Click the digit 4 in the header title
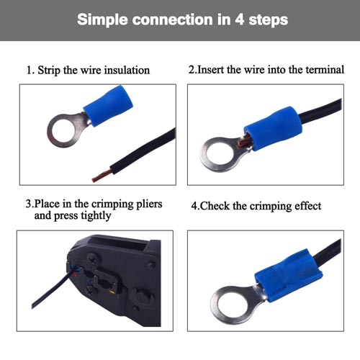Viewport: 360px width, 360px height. tap(240, 19)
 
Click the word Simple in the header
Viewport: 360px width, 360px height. tap(102, 20)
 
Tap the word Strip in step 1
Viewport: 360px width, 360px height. tap(49, 71)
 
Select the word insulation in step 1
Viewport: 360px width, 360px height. tap(127, 70)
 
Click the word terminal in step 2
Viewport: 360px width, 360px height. tap(325, 70)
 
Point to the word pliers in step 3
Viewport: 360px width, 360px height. tap(149, 204)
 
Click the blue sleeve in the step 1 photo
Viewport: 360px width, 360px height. tap(108, 106)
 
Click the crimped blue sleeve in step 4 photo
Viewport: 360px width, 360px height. tap(289, 275)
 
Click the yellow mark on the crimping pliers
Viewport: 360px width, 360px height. tap(112, 292)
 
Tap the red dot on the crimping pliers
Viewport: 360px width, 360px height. tap(76, 275)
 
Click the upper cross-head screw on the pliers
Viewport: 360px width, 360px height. tap(91, 259)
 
